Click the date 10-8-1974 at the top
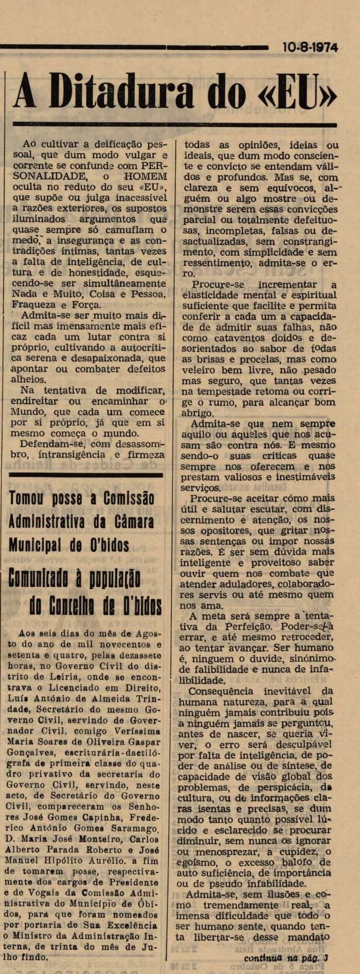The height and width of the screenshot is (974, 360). tap(310, 48)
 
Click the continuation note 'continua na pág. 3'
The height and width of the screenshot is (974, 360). tap(286, 958)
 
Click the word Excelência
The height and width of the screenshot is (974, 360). tap(130, 925)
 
